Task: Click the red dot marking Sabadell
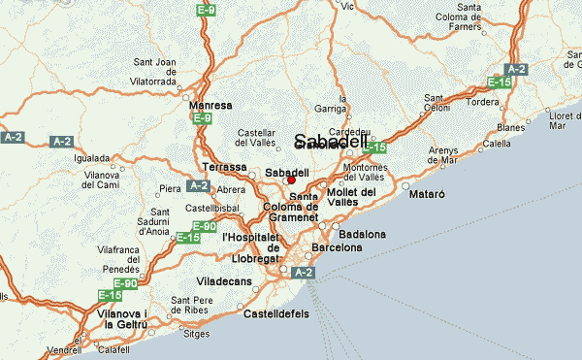point(291,180)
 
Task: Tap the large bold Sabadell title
point(330,141)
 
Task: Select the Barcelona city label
point(336,247)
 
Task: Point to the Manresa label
point(211,105)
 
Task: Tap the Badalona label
point(362,234)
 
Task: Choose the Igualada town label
point(92,156)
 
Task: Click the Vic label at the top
point(347,6)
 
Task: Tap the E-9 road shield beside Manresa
point(202,118)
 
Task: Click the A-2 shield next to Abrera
point(198,185)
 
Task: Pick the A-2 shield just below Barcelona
point(303,274)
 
